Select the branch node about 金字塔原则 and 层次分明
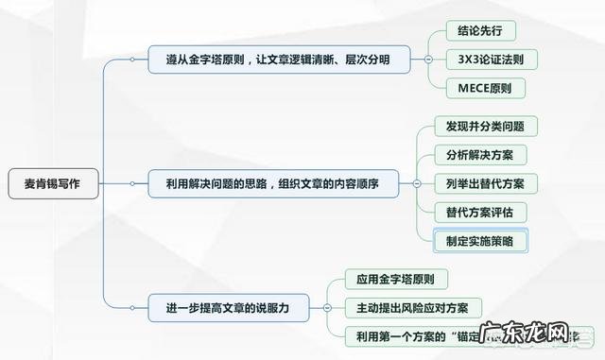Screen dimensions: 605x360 click(x=283, y=60)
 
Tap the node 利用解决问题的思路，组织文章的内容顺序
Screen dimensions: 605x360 click(x=272, y=183)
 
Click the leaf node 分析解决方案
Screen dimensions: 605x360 click(x=479, y=154)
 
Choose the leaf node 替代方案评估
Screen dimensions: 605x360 click(x=479, y=211)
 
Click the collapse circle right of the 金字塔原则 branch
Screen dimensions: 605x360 click(x=428, y=60)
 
